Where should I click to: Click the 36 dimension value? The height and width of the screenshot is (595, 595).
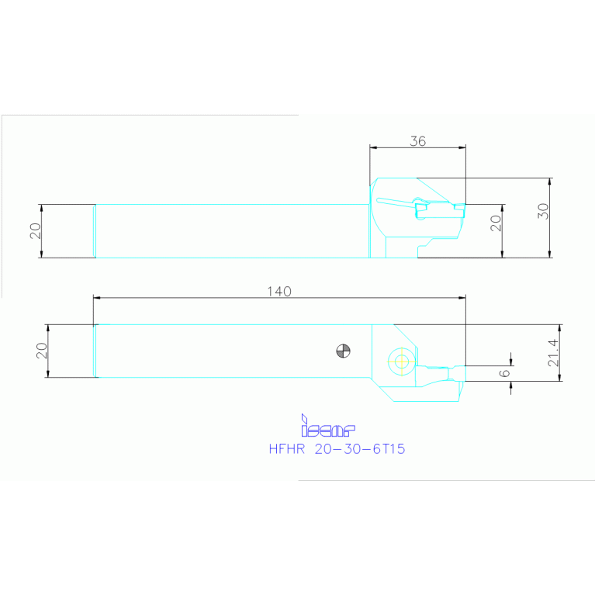pyautogui.click(x=417, y=141)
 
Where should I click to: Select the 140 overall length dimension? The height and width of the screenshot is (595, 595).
pyautogui.click(x=279, y=291)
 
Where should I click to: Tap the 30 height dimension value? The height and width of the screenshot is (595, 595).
pyautogui.click(x=543, y=211)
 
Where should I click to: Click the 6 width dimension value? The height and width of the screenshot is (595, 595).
pyautogui.click(x=504, y=373)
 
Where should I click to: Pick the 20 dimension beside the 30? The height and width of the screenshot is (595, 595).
pyautogui.click(x=496, y=223)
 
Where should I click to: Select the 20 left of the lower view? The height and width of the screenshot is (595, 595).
pyautogui.click(x=41, y=350)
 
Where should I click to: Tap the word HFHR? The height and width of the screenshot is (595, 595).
pyautogui.click(x=287, y=449)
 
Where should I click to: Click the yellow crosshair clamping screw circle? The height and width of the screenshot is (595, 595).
pyautogui.click(x=400, y=360)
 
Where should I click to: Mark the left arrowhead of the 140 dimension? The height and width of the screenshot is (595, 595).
pyautogui.click(x=96, y=297)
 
